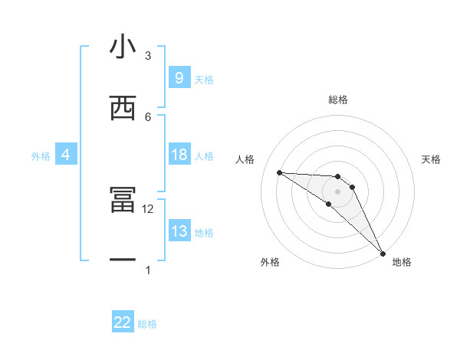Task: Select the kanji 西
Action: click(x=123, y=108)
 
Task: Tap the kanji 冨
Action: click(x=123, y=201)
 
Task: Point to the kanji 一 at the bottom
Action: click(x=123, y=261)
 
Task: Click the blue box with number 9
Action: click(x=179, y=77)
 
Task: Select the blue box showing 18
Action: click(x=179, y=155)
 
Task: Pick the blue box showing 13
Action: click(x=179, y=231)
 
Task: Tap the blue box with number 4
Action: click(x=65, y=155)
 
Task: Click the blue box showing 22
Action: click(x=123, y=322)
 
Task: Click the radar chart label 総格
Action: click(x=338, y=100)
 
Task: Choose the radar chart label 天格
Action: click(x=431, y=159)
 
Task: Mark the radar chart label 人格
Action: click(x=245, y=159)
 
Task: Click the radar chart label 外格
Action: click(x=269, y=262)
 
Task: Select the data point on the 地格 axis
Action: click(x=382, y=252)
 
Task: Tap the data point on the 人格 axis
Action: click(x=279, y=172)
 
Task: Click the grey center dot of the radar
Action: click(x=338, y=191)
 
